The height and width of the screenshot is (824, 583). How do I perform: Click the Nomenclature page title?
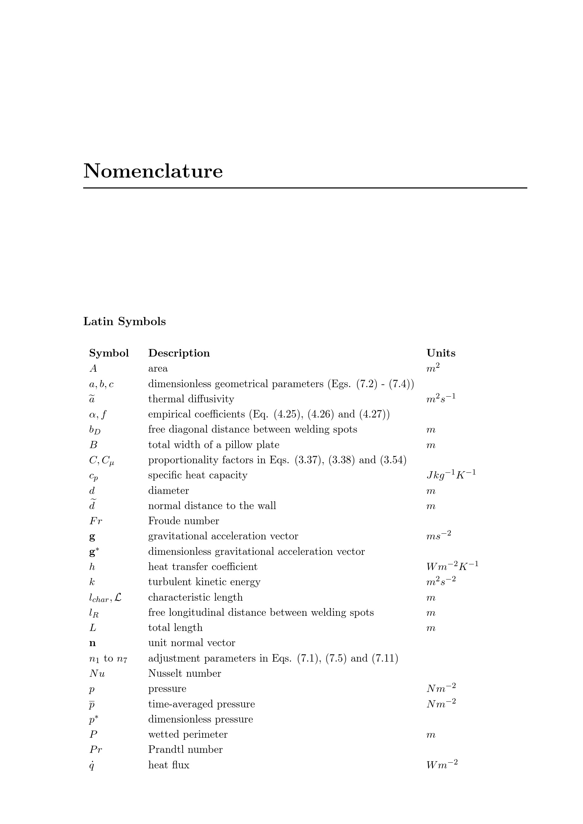click(x=153, y=171)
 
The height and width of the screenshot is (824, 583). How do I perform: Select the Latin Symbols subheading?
click(x=124, y=321)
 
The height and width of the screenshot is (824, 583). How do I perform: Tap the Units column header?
click(x=441, y=353)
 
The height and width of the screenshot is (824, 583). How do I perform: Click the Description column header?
click(x=179, y=353)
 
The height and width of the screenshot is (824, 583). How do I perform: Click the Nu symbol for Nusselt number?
click(x=97, y=674)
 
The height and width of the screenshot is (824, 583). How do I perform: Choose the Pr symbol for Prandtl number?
click(x=96, y=750)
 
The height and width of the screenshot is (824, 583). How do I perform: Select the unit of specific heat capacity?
click(x=451, y=475)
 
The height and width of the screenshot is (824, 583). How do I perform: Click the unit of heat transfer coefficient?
click(x=452, y=567)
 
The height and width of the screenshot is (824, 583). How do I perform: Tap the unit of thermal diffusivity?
click(x=441, y=399)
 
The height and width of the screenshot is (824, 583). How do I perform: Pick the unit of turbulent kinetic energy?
click(x=441, y=582)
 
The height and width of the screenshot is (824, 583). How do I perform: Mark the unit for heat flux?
click(x=442, y=765)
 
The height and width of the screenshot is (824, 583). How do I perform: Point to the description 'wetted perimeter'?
click(x=188, y=735)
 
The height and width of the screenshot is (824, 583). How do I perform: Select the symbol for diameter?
click(x=92, y=491)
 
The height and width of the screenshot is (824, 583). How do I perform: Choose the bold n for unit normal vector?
click(x=92, y=643)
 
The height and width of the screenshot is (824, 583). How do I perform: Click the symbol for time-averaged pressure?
click(x=92, y=704)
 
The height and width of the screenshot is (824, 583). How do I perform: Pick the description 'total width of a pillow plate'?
click(x=214, y=445)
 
